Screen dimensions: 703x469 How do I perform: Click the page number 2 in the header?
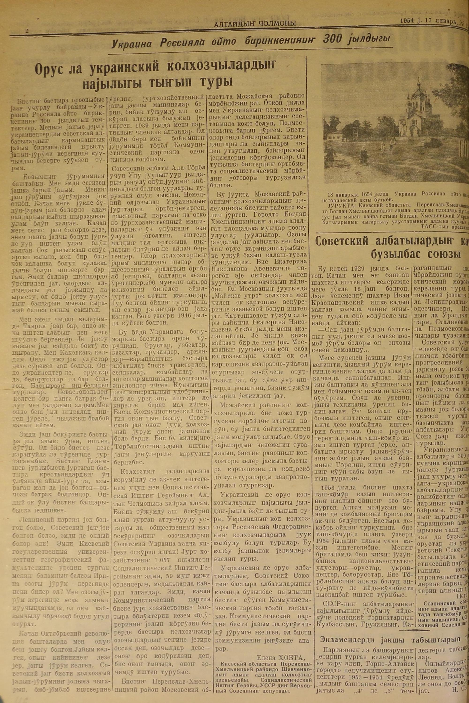pyautogui.click(x=27, y=31)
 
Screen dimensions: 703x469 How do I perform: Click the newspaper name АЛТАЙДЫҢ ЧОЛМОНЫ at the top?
pyautogui.click(x=255, y=24)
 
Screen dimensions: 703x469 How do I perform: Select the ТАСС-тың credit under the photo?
pyautogui.click(x=434, y=227)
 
